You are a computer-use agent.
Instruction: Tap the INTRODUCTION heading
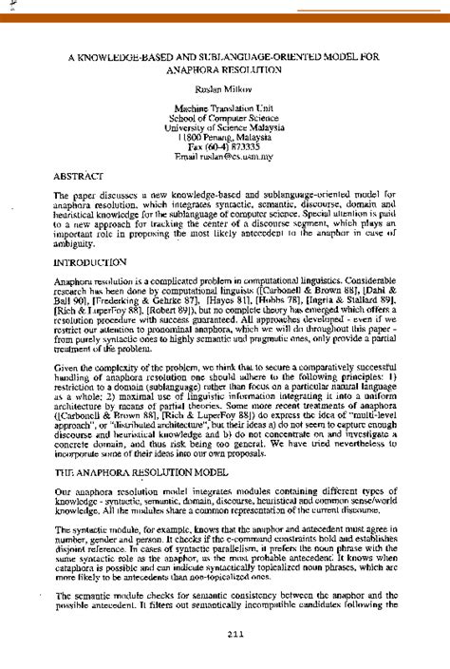[x=90, y=259]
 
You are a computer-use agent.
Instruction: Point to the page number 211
[x=225, y=635]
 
